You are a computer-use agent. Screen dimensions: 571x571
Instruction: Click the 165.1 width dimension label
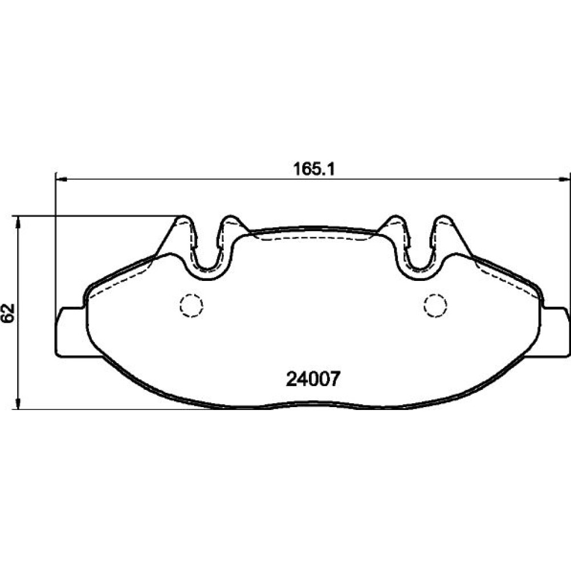(x=313, y=170)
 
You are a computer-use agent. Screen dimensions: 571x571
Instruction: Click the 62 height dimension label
(x=8, y=312)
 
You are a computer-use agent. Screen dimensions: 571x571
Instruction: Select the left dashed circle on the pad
(x=191, y=305)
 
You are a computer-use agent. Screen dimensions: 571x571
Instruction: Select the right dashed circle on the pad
(x=435, y=305)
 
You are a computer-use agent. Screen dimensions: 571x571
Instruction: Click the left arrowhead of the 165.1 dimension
(x=61, y=179)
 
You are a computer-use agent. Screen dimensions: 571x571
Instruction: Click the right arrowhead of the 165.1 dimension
(x=565, y=179)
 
